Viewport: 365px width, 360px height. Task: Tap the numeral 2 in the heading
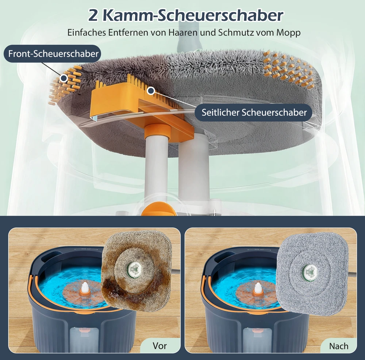(93, 16)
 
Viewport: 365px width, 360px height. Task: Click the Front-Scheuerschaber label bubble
(53, 54)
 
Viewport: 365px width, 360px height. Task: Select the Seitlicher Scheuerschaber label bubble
(254, 112)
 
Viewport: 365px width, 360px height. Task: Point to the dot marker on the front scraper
(63, 78)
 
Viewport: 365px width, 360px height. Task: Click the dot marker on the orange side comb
(151, 91)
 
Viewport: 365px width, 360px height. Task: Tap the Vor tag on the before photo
(160, 345)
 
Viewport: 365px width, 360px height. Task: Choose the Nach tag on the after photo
(339, 346)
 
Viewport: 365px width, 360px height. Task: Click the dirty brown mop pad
(137, 272)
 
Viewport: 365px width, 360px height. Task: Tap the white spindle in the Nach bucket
(258, 288)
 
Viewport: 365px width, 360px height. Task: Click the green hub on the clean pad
(310, 272)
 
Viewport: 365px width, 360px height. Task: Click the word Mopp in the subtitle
(288, 33)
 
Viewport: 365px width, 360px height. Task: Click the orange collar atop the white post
(157, 130)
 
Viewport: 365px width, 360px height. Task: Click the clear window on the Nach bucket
(257, 340)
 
